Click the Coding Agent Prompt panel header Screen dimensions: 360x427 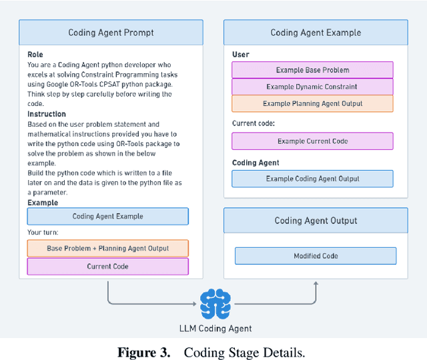(111, 33)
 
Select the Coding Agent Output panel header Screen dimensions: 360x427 (316, 221)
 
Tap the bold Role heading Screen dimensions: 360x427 (35, 55)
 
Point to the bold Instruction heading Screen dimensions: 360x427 (47, 114)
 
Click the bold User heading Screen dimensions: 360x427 (241, 55)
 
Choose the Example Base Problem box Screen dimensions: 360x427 (312, 70)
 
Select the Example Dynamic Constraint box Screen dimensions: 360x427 (312, 87)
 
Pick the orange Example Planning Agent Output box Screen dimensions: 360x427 (312, 103)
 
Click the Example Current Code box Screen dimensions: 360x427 (312, 141)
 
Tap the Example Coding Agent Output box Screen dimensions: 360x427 (312, 179)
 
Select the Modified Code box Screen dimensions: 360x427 (316, 256)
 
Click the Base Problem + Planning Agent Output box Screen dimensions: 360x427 (107, 249)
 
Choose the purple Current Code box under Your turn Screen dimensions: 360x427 (107, 266)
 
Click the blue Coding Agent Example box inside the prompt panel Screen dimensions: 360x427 (107, 216)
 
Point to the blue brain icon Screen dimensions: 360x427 (214, 304)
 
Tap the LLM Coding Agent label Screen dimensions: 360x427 (214, 329)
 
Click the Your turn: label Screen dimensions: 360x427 (43, 233)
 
